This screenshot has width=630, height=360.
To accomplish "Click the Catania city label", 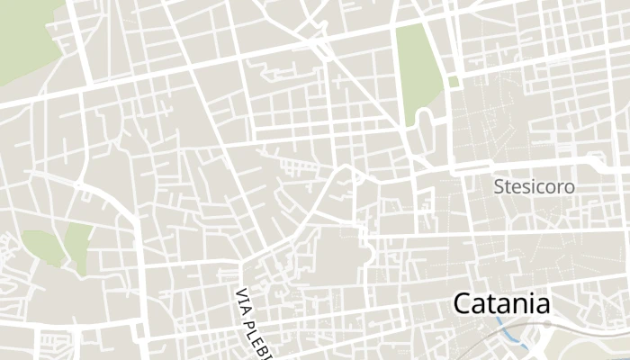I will click(501, 303).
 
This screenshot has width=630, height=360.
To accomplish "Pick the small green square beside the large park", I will click(453, 81).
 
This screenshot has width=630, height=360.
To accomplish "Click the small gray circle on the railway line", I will click(546, 323).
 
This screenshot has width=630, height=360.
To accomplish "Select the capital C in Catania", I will click(463, 303).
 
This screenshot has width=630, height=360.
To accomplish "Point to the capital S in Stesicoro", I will click(499, 187).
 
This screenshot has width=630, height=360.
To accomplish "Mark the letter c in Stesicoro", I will click(542, 187).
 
